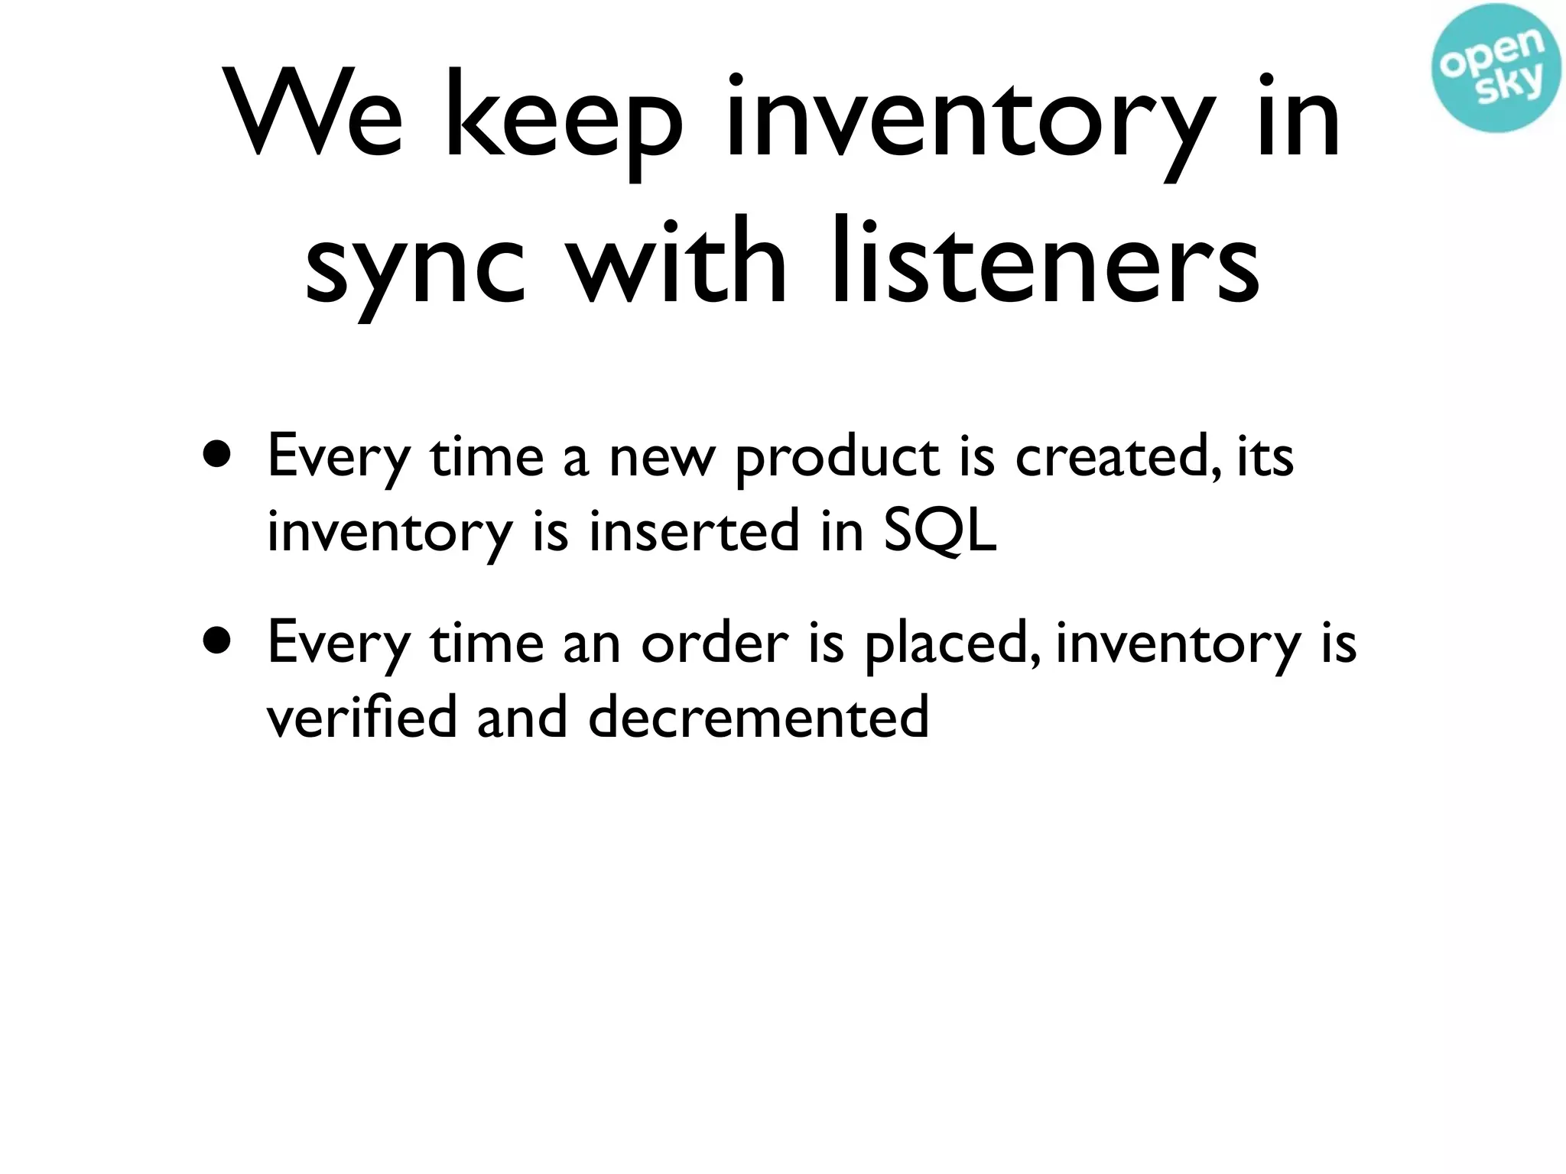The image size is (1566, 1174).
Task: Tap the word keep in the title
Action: click(562, 122)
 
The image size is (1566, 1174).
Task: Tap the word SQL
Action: click(940, 530)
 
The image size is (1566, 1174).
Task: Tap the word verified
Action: click(362, 716)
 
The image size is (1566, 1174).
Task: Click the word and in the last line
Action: click(521, 716)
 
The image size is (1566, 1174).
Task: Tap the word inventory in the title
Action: click(968, 122)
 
